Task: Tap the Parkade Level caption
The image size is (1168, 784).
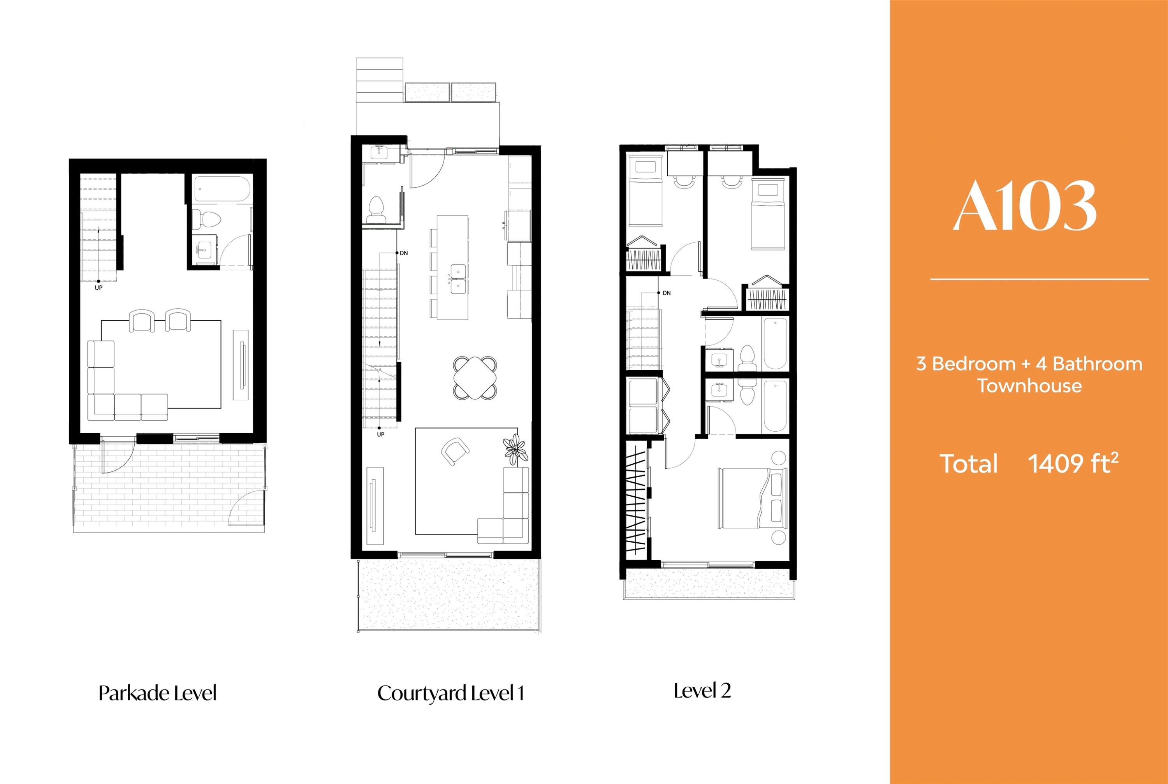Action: coord(158,693)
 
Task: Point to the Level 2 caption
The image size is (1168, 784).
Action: coord(702,691)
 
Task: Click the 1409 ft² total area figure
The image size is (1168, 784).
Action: coord(1073,464)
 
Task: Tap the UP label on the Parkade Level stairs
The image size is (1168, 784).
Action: coord(99,288)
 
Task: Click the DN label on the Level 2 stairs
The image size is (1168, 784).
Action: coord(667,293)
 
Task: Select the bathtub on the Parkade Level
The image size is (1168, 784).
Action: coord(222,190)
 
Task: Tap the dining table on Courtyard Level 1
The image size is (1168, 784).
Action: coord(475,378)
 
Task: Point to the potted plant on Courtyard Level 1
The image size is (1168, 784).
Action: coord(515,449)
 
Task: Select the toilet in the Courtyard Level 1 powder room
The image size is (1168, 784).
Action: coord(376,210)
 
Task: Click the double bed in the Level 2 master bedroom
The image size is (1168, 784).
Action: coord(753,498)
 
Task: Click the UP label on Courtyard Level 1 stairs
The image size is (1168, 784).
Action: coord(380,434)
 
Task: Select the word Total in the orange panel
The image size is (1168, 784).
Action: coord(969,464)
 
